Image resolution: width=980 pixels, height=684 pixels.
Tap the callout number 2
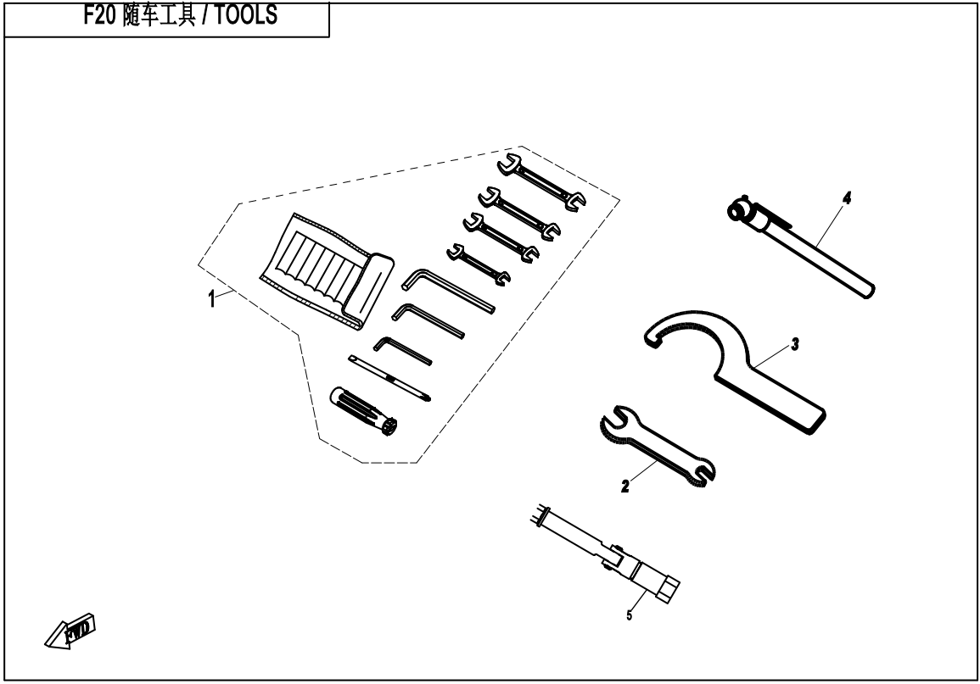(625, 487)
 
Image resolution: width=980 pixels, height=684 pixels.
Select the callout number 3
(794, 345)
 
